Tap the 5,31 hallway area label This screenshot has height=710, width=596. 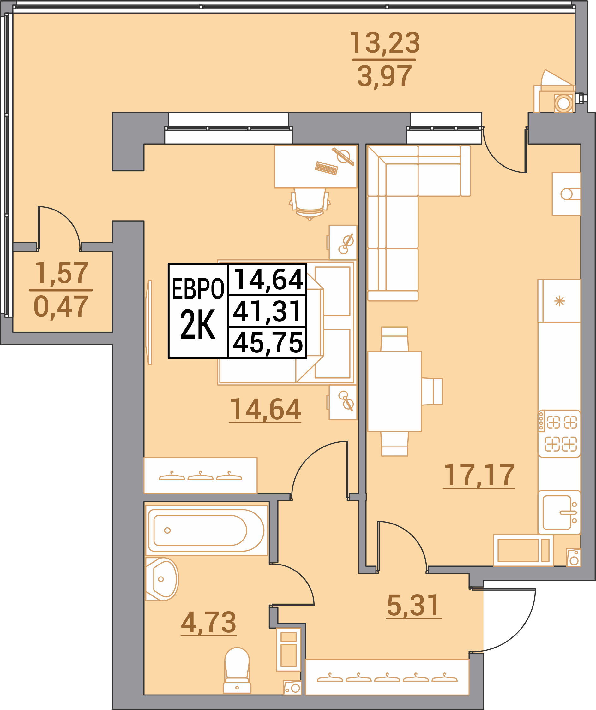[x=413, y=605]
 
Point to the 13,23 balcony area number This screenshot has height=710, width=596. [x=384, y=43]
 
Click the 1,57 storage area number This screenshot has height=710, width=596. [x=61, y=273]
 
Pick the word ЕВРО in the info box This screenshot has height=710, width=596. [x=198, y=289]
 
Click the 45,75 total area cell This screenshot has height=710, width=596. [x=268, y=343]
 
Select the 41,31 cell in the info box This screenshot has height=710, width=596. [x=268, y=311]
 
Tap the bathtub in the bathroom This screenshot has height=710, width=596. [x=207, y=530]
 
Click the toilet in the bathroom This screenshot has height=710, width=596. [x=237, y=671]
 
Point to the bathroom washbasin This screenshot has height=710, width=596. [x=162, y=579]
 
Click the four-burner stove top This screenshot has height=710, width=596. [x=559, y=434]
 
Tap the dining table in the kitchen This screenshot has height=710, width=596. [x=394, y=392]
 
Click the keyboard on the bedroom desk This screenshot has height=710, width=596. [x=327, y=168]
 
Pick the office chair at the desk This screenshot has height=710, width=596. [x=310, y=204]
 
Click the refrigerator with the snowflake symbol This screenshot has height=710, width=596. [x=559, y=300]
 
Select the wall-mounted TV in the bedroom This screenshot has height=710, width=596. [x=148, y=322]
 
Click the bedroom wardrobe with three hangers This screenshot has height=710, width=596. [x=200, y=475]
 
